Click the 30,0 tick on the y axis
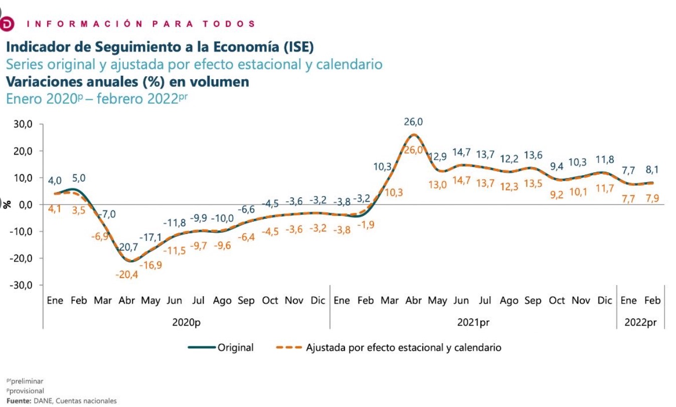click(x=23, y=124)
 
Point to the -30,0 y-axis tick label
click(x=21, y=285)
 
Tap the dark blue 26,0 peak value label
click(x=413, y=121)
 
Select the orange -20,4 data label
click(x=127, y=275)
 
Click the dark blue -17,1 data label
click(x=150, y=237)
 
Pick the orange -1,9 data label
click(x=366, y=225)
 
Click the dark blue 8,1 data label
click(x=652, y=170)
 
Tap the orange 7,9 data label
click(x=652, y=198)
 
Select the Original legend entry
click(x=221, y=347)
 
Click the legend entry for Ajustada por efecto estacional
click(x=389, y=347)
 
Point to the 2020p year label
click(x=186, y=323)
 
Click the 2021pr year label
click(x=473, y=323)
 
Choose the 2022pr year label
click(x=640, y=323)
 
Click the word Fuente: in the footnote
click(x=19, y=400)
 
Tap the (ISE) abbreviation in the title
click(x=298, y=47)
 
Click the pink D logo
click(x=7, y=24)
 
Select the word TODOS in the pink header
click(x=229, y=24)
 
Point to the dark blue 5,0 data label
click(x=79, y=178)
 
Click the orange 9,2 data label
click(x=557, y=195)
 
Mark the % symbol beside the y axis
click(x=7, y=204)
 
